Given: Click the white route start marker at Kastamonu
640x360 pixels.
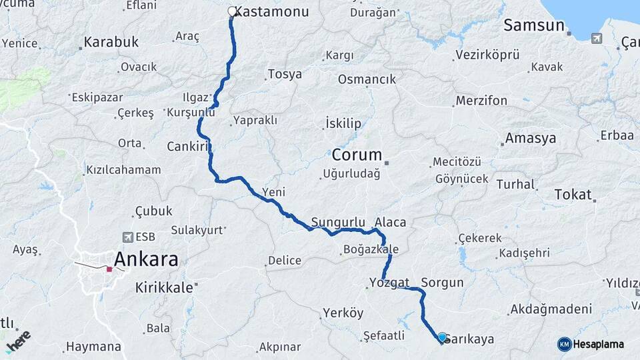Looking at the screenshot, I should pyautogui.click(x=232, y=11).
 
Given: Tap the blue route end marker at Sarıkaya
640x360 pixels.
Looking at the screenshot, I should pyautogui.click(x=441, y=337).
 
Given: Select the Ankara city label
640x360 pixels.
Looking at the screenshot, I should pyautogui.click(x=146, y=259).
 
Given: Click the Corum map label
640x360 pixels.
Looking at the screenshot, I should pyautogui.click(x=357, y=155).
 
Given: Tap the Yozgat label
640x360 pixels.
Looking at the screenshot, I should pyautogui.click(x=388, y=282).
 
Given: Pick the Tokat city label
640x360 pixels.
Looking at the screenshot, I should pyautogui.click(x=573, y=195).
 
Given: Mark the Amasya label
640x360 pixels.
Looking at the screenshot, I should pyautogui.click(x=530, y=139).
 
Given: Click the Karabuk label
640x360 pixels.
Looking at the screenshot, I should pyautogui.click(x=111, y=42).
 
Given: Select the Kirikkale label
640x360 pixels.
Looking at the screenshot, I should pyautogui.click(x=164, y=287).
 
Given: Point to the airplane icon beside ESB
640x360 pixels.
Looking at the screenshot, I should pyautogui.click(x=127, y=237).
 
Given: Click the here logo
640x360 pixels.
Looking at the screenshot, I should pyautogui.click(x=18, y=339).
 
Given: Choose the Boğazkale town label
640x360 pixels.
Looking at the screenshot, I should pyautogui.click(x=370, y=249).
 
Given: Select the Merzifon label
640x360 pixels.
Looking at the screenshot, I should pyautogui.click(x=481, y=101).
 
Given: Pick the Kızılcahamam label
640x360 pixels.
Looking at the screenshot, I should pyautogui.click(x=123, y=169).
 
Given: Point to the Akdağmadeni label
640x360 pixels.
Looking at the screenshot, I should pyautogui.click(x=550, y=309).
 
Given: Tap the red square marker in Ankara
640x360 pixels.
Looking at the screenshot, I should pyautogui.click(x=109, y=269).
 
